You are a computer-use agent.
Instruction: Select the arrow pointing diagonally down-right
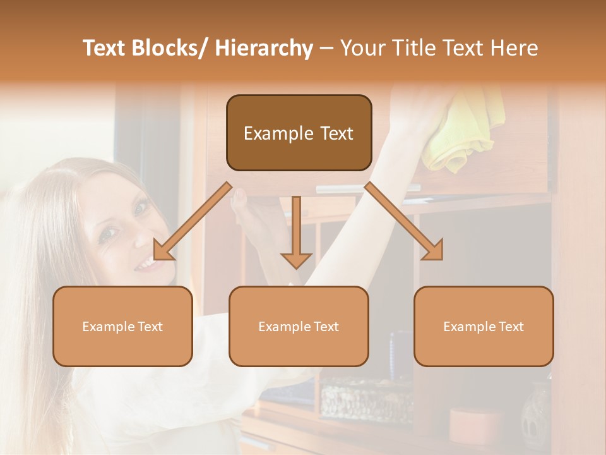click(x=404, y=221)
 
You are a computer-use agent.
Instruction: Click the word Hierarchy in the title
click(x=263, y=49)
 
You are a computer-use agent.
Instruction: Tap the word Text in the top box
click(x=336, y=133)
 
